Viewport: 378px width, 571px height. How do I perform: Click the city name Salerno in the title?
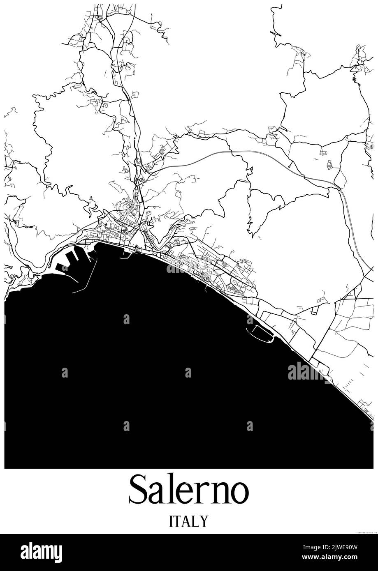189,490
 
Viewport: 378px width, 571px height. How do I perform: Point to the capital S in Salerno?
140,490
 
